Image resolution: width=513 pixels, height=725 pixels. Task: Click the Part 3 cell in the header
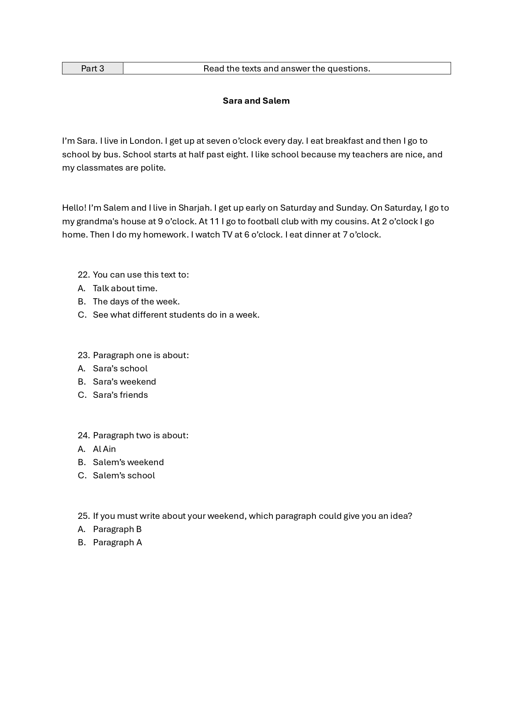(x=93, y=69)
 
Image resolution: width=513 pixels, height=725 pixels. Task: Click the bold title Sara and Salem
(x=256, y=101)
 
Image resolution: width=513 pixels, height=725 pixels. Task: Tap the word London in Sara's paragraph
(x=145, y=141)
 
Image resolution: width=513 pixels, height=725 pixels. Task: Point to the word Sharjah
(x=194, y=208)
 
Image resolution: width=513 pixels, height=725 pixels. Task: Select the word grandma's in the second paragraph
(x=97, y=221)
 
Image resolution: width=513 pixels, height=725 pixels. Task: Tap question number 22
(x=84, y=275)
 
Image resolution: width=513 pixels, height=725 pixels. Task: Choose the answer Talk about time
(x=125, y=288)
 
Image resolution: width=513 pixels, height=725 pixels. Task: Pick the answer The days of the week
(x=136, y=302)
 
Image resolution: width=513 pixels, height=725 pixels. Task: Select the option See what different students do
(x=176, y=315)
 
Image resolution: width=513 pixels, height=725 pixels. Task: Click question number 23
(x=84, y=355)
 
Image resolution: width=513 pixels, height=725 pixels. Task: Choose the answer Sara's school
(x=120, y=368)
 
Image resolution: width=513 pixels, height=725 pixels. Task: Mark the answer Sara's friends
(x=120, y=395)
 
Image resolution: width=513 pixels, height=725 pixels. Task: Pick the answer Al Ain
(x=104, y=449)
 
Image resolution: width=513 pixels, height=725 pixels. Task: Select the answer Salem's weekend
(x=128, y=462)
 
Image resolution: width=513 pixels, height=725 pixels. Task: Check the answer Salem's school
(x=124, y=475)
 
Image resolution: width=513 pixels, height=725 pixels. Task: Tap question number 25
(x=84, y=516)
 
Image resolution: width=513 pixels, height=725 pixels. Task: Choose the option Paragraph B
(x=117, y=529)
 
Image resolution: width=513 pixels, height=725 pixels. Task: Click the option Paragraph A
(x=117, y=542)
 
